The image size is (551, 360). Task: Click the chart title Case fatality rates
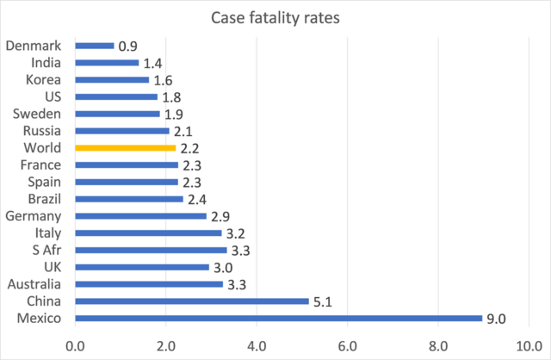(275, 16)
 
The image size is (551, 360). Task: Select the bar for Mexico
(279, 318)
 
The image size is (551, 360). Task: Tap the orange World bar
(126, 147)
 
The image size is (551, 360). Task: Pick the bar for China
(191, 301)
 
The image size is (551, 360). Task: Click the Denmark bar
(95, 46)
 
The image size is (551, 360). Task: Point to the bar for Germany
(141, 215)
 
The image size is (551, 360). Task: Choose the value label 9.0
(496, 319)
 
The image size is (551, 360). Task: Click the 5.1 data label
(322, 301)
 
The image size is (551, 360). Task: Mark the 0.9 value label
(127, 47)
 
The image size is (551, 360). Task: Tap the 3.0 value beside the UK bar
(222, 267)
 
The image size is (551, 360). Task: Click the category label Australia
(34, 283)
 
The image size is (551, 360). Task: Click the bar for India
(107, 63)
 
